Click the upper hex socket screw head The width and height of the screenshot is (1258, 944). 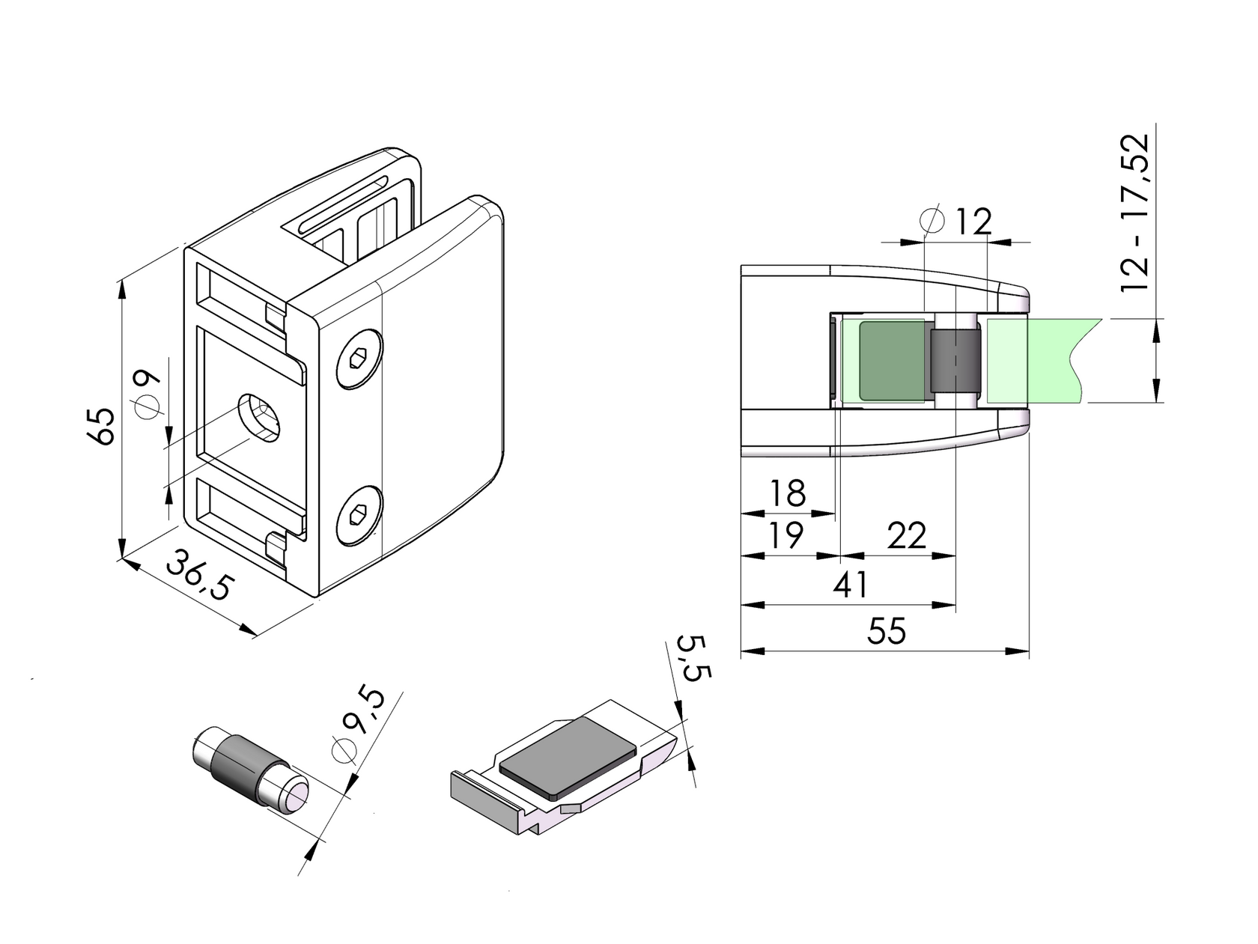tap(359, 359)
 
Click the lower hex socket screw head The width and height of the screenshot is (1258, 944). tap(359, 514)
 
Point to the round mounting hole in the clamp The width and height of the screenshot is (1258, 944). tap(259, 418)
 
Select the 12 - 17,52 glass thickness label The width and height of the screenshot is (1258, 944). tap(1135, 213)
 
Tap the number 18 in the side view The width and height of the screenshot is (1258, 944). tap(788, 493)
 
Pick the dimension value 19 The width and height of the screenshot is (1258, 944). tap(786, 535)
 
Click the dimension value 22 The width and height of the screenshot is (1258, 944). tap(906, 536)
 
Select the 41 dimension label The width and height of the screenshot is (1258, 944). tap(851, 585)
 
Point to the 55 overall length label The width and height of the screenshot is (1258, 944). tap(887, 631)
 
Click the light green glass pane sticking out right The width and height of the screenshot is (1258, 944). tap(1041, 360)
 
